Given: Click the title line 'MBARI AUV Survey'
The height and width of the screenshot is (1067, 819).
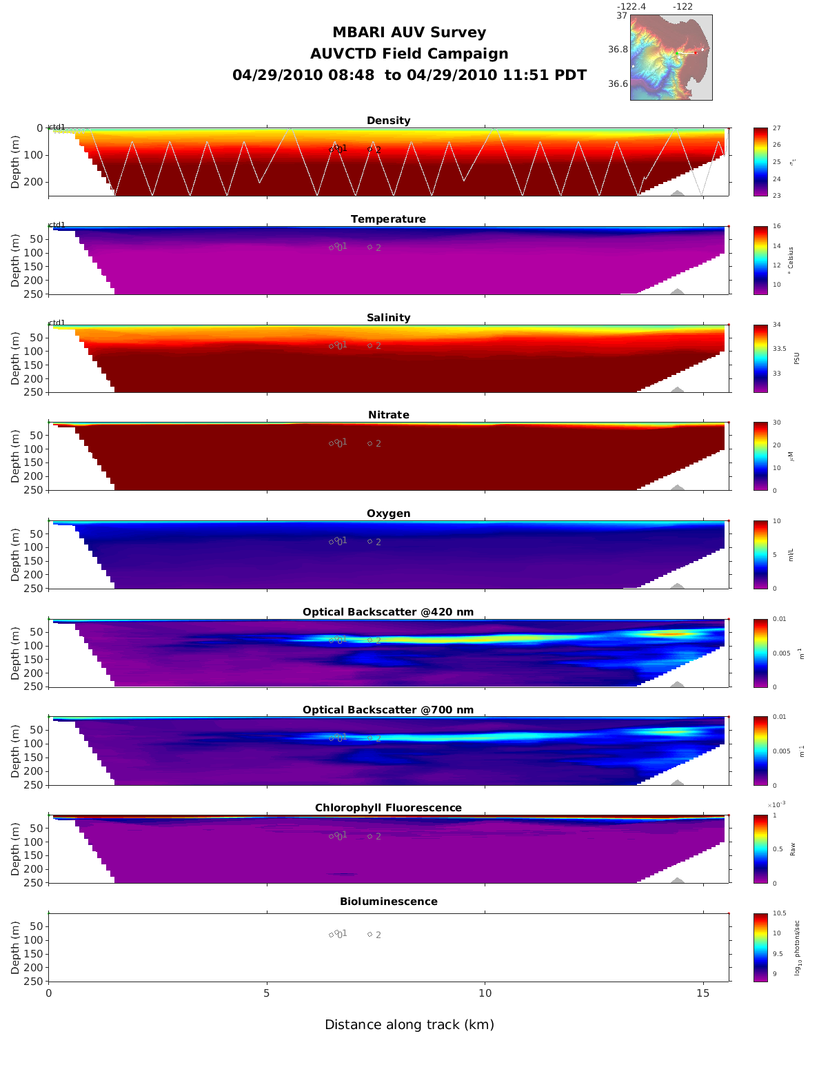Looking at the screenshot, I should click(409, 32).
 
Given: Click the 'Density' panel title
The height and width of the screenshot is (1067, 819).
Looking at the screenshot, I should click(388, 121).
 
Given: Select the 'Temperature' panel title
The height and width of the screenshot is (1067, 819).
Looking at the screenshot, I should click(388, 219).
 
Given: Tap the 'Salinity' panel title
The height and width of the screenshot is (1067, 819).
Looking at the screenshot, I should click(388, 318).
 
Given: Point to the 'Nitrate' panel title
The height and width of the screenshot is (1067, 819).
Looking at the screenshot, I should click(388, 415).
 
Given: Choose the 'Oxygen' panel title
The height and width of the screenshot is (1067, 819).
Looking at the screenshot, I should click(388, 514).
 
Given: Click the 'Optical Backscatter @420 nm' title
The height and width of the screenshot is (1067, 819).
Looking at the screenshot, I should click(388, 612).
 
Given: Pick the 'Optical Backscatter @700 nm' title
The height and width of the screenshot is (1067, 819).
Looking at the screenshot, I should click(388, 710).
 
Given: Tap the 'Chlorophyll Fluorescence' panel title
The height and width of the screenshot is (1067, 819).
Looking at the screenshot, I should click(388, 808).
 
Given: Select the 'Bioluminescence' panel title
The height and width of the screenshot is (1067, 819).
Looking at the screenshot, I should click(388, 902).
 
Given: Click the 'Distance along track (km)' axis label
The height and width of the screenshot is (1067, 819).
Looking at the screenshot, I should click(410, 1025).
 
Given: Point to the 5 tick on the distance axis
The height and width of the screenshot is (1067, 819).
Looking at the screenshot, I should click(267, 994).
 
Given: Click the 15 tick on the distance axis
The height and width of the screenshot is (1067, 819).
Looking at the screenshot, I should click(702, 994).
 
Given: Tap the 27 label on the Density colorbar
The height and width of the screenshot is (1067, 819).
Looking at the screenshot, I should click(776, 129).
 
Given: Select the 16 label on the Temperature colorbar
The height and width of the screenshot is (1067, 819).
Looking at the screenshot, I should click(776, 227).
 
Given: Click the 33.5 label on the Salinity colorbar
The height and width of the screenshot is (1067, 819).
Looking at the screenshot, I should click(779, 349).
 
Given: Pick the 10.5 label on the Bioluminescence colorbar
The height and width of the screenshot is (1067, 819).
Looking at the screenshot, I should click(779, 914).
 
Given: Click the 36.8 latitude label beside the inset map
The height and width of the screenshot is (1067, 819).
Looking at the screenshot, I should click(618, 50).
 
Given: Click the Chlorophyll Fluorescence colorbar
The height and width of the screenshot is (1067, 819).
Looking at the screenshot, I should click(760, 849).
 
